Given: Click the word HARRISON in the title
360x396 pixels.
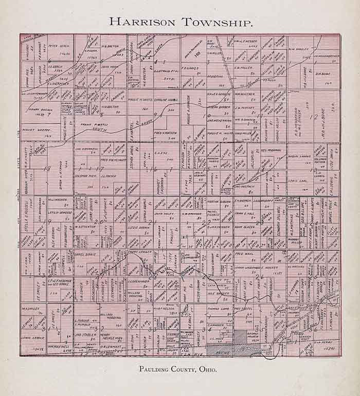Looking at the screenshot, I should pos(142,22).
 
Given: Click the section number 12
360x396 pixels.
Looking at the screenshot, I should pos(312,117).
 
